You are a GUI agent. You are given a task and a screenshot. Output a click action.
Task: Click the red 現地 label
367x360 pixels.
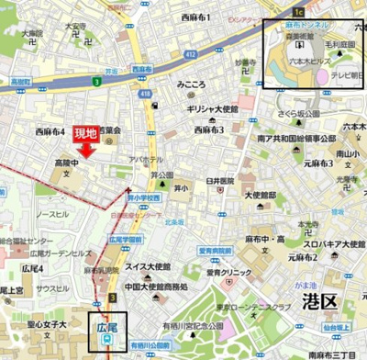[x=85, y=133]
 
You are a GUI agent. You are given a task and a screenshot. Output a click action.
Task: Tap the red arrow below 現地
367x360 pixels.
[x=86, y=151]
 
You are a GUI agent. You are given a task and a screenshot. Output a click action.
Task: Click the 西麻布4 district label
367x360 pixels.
[x=50, y=132]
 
